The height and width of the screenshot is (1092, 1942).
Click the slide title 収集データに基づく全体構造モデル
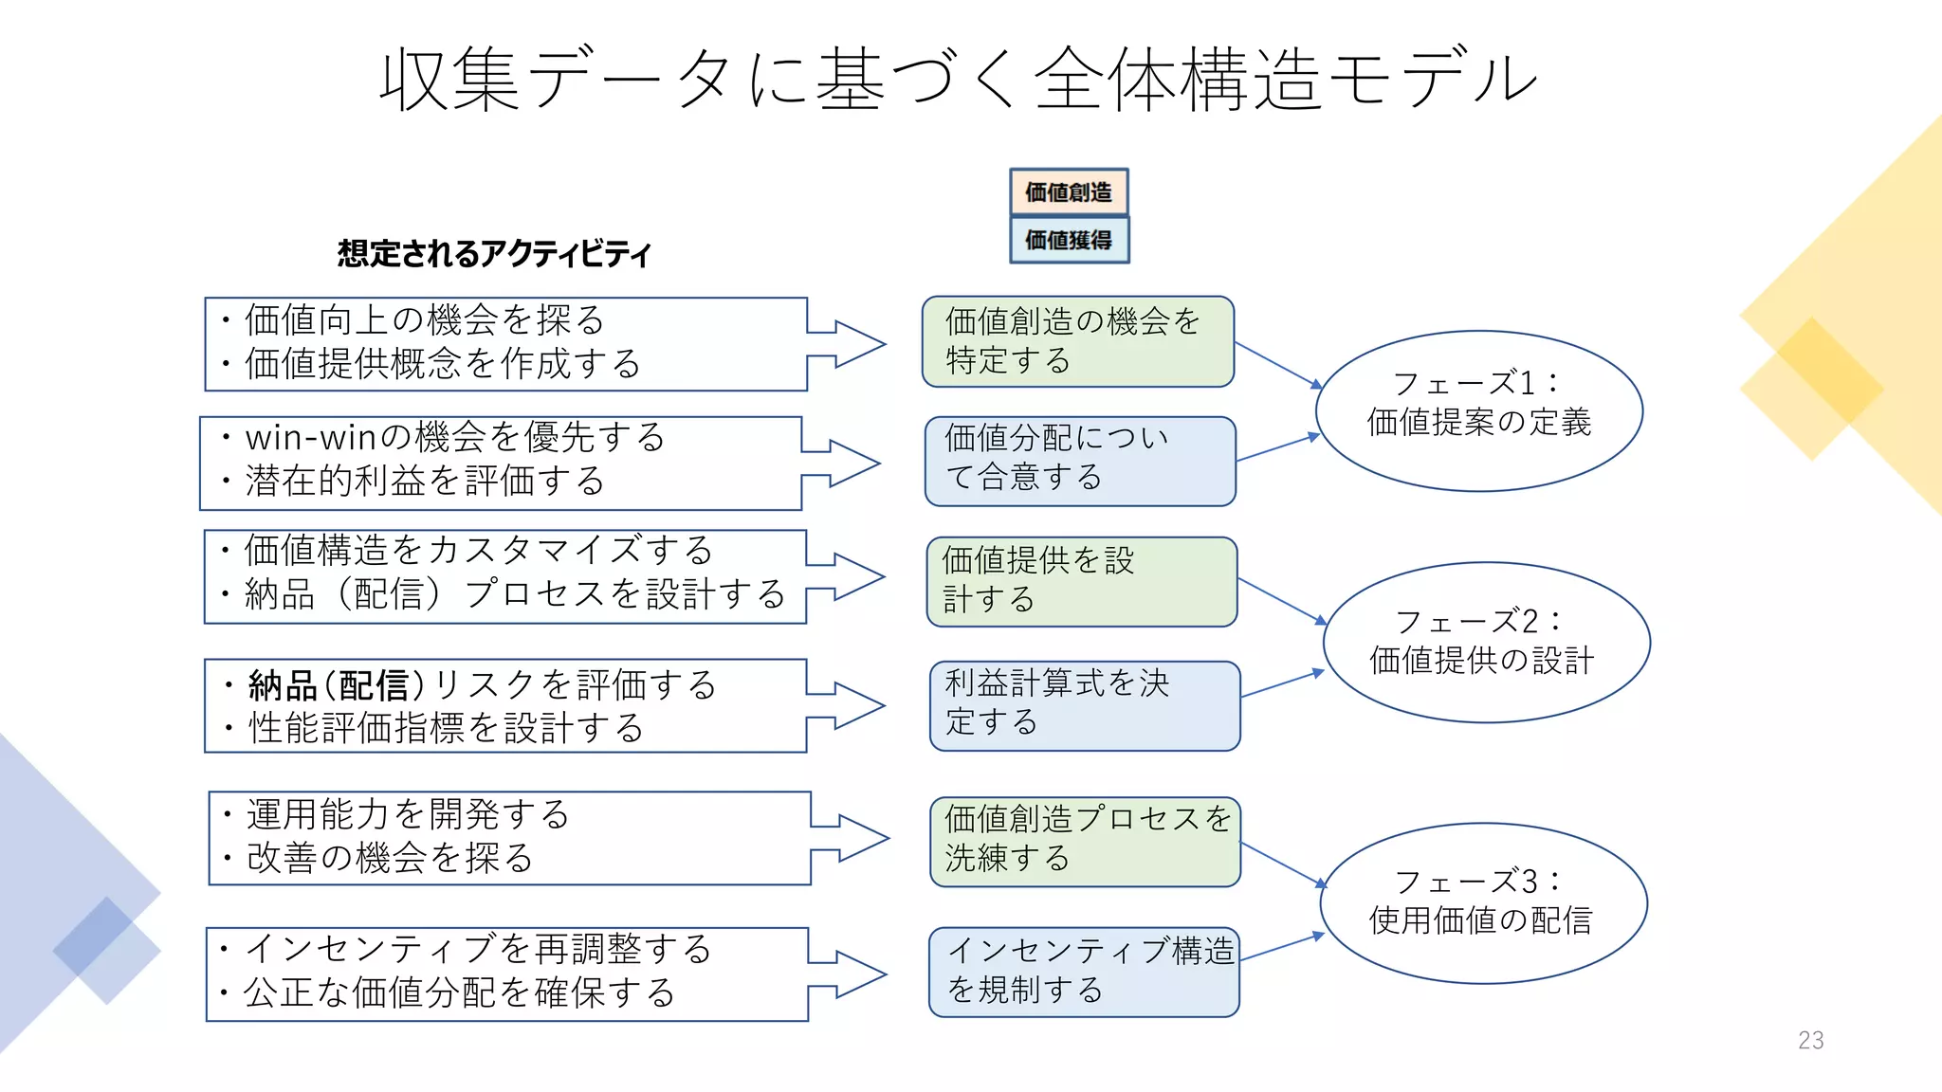click(x=958, y=80)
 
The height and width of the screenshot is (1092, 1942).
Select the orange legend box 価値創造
click(x=1069, y=192)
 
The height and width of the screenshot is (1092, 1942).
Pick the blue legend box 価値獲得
click(x=1069, y=240)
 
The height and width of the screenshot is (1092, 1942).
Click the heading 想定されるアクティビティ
click(x=494, y=254)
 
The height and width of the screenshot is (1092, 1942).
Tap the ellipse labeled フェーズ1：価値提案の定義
click(x=1478, y=410)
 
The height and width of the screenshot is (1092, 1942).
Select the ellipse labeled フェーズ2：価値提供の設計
click(x=1485, y=642)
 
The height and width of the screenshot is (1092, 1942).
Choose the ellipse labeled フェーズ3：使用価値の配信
click(x=1483, y=902)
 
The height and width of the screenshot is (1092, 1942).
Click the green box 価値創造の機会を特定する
click(x=1077, y=341)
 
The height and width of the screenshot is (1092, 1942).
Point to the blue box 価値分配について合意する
click(x=1080, y=461)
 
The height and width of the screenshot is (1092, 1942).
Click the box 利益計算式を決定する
click(x=1085, y=705)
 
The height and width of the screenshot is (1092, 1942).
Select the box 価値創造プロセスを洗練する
click(x=1085, y=842)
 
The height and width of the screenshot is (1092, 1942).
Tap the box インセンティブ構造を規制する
click(x=1084, y=972)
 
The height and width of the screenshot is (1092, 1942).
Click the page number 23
click(x=1810, y=1041)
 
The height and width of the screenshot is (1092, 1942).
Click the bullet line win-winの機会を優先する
click(x=455, y=438)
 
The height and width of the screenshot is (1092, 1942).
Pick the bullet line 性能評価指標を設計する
click(x=446, y=728)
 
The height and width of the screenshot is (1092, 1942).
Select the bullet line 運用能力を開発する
click(x=408, y=814)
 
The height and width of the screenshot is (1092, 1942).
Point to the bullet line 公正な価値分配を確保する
click(x=459, y=992)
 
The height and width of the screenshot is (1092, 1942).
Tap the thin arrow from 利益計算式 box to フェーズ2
click(x=1281, y=683)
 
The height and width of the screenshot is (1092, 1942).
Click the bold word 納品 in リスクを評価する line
click(x=283, y=685)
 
